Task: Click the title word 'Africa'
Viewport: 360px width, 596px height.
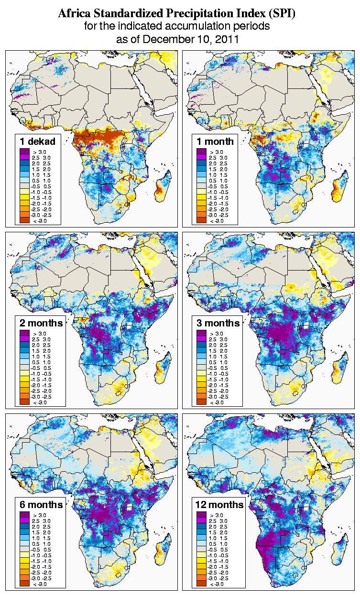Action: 75,14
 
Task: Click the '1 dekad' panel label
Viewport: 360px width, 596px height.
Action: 38,141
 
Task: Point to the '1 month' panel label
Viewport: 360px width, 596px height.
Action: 215,141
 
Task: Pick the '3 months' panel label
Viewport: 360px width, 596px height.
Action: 218,323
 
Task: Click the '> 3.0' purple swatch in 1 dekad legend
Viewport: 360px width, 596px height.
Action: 25,152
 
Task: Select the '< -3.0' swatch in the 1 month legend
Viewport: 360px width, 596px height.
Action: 202,220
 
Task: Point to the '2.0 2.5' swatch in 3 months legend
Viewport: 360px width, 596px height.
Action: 202,345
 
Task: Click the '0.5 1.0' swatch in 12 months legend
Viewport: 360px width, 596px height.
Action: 202,538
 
